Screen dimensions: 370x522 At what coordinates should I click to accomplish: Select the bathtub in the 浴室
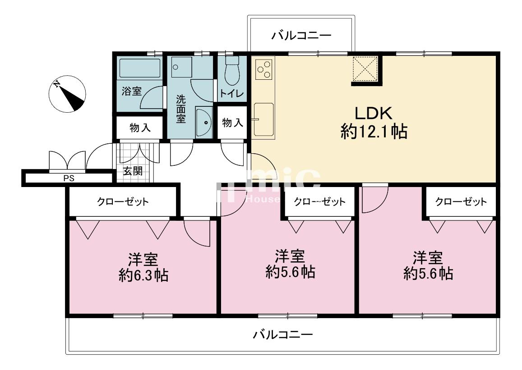[x=139, y=69]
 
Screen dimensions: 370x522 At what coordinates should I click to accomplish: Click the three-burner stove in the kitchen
[x=263, y=70]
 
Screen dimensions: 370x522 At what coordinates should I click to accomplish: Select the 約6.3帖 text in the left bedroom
[x=143, y=275]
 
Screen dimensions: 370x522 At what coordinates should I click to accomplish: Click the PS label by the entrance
[x=69, y=178]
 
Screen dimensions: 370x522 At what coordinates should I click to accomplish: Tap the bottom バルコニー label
[x=283, y=335]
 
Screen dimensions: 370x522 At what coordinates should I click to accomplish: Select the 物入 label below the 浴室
[x=140, y=128]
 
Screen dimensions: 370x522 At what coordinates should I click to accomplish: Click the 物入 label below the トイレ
[x=233, y=123]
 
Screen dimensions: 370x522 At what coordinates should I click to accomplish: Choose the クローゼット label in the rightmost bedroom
[x=461, y=201]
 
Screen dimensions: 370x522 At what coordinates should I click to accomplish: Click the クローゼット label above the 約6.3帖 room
[x=123, y=201]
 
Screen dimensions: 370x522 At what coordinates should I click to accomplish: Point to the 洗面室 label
[x=180, y=109]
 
